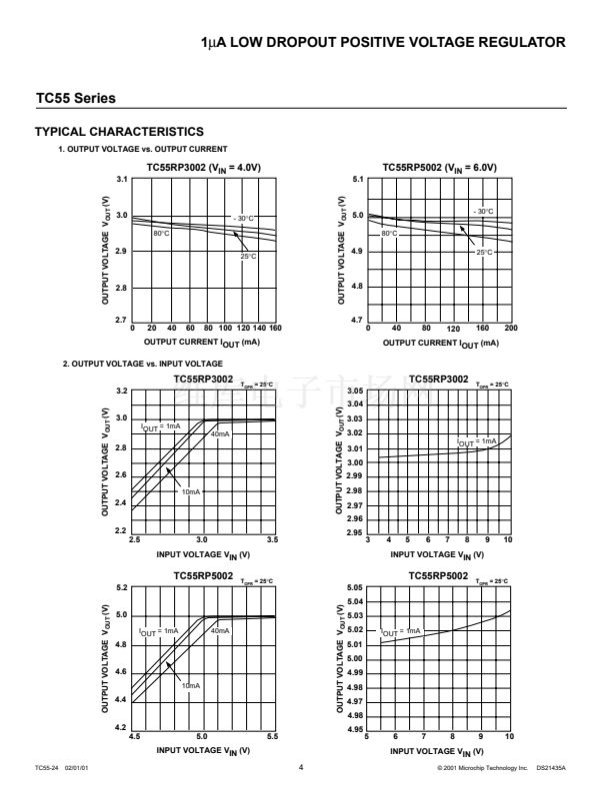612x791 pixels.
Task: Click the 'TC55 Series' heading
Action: [75, 99]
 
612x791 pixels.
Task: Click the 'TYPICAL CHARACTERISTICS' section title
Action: [119, 132]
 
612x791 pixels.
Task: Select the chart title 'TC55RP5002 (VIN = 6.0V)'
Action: [439, 167]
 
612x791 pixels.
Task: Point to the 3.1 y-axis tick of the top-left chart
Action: [122, 179]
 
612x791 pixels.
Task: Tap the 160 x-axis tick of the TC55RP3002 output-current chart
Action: [275, 328]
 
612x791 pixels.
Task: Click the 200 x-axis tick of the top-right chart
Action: [511, 328]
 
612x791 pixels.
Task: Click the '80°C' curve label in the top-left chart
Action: [161, 233]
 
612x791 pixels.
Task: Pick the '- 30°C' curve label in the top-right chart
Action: [483, 211]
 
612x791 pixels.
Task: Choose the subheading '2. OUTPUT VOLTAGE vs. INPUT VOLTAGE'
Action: [142, 364]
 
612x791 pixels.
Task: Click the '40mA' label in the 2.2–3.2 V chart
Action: [220, 434]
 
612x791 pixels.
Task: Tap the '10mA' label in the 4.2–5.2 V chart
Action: [190, 685]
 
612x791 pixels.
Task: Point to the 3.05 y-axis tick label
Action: [355, 391]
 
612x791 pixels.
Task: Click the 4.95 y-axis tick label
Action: [355, 730]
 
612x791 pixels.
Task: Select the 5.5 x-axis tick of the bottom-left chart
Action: [273, 737]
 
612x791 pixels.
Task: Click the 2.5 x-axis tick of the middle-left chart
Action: [135, 539]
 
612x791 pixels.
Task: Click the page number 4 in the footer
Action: [300, 767]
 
